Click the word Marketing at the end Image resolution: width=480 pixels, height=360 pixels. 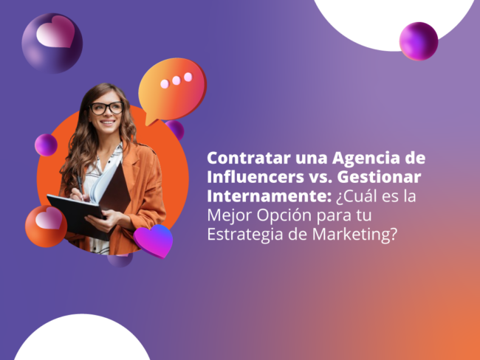(360, 236)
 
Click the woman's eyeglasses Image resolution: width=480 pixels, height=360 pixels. (107, 108)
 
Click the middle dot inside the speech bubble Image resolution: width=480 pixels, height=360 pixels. (176, 79)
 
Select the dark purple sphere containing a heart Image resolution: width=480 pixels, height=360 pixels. (52, 42)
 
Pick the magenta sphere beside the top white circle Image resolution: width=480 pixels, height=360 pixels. (419, 41)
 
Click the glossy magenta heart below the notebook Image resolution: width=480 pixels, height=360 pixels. (154, 241)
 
